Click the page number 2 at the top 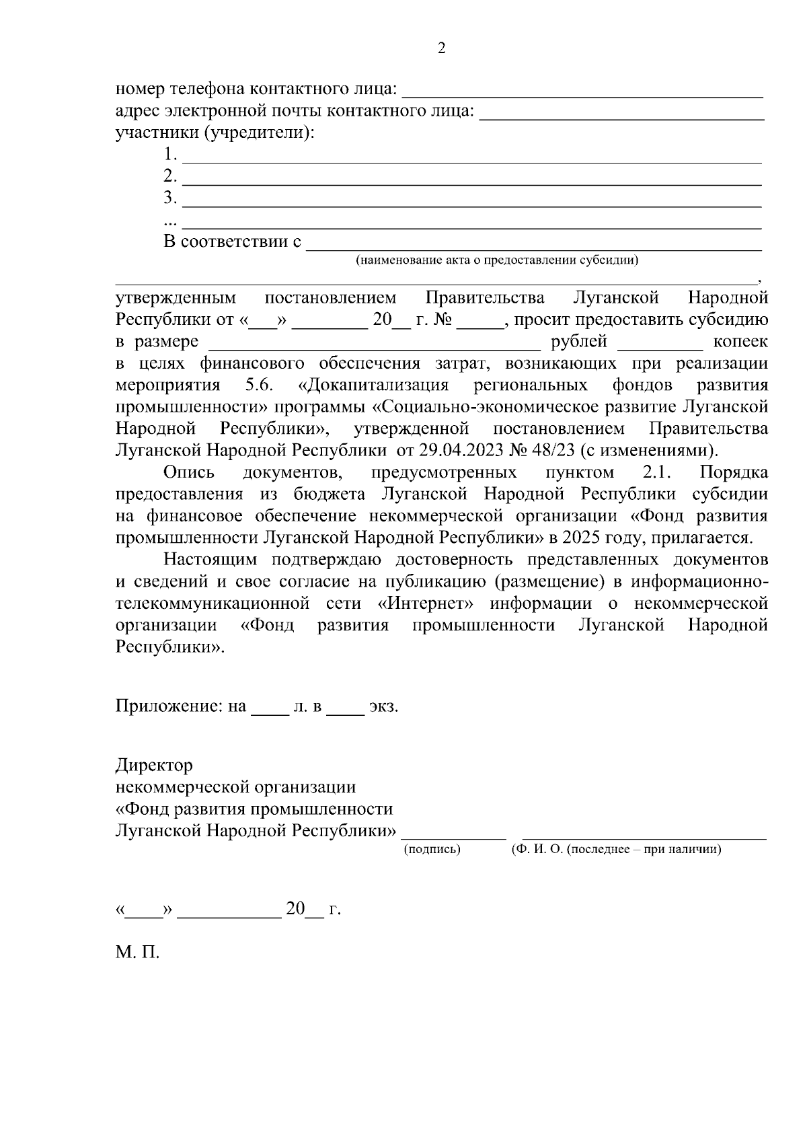(x=441, y=48)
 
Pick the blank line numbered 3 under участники (x=472, y=205)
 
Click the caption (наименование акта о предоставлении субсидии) (x=497, y=260)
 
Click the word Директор (x=154, y=766)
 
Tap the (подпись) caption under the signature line (x=432, y=850)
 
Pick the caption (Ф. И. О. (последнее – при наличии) (x=616, y=850)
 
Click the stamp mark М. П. (x=137, y=953)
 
